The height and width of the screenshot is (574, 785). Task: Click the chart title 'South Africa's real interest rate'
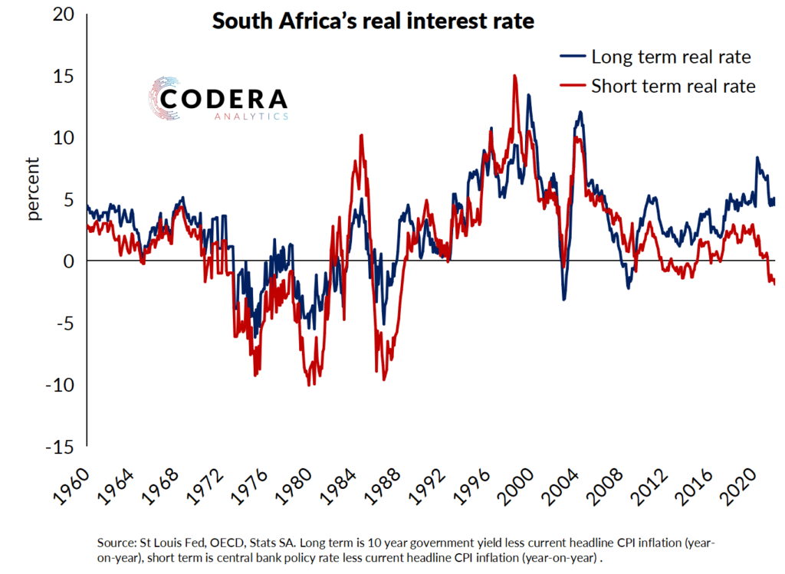373,21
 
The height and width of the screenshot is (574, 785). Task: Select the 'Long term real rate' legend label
670,57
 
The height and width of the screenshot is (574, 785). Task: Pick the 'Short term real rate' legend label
673,86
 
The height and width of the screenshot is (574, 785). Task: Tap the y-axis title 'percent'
33,189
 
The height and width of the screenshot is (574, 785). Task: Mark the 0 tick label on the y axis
69,261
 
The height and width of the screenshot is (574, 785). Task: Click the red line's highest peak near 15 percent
514,76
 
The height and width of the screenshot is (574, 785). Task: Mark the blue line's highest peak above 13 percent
529,96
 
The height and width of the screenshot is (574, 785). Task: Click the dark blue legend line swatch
572,57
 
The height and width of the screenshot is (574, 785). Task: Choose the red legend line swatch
572,86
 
